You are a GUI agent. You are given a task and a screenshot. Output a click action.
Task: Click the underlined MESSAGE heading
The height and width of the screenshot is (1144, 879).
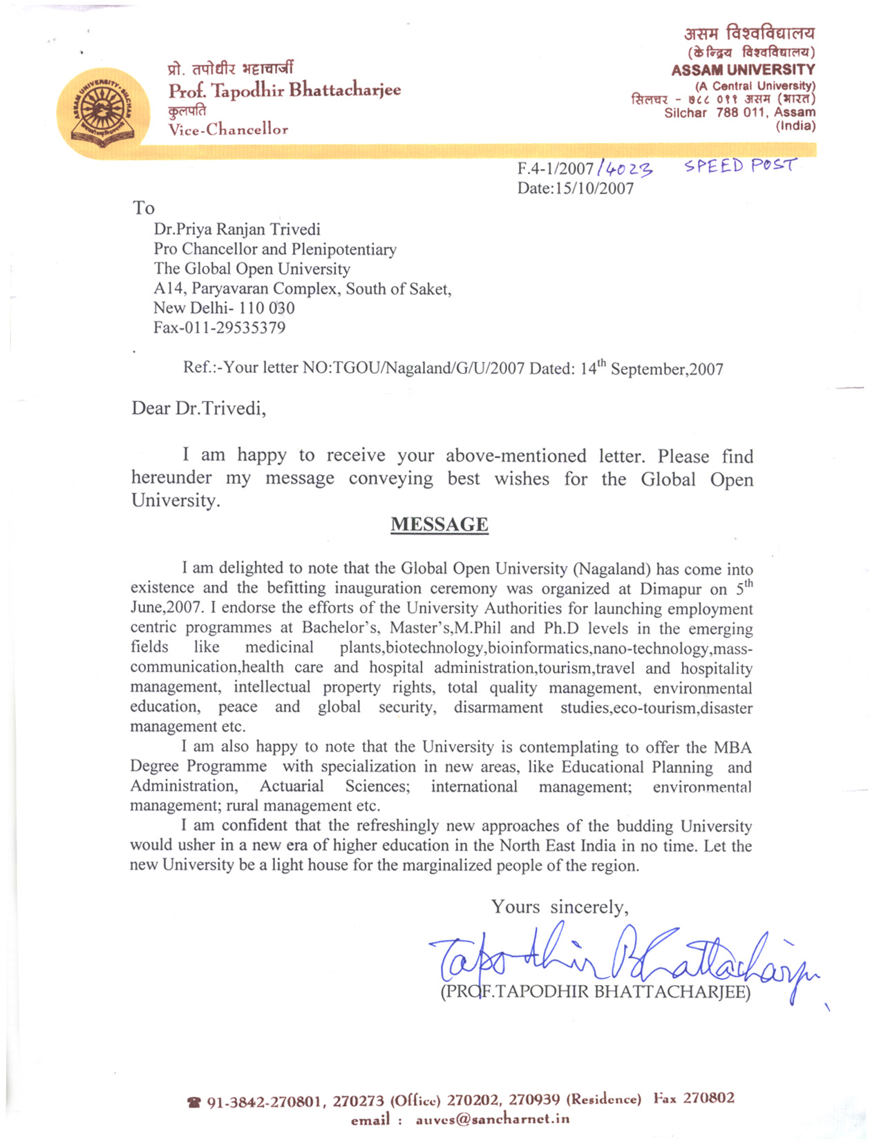439,525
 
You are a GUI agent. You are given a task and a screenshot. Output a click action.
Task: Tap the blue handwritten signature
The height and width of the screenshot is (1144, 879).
622,960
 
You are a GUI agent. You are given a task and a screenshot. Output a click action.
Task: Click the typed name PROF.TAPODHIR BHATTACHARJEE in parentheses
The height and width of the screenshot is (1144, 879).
595,992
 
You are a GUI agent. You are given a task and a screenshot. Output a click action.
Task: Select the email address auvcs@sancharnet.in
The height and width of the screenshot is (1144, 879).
492,1120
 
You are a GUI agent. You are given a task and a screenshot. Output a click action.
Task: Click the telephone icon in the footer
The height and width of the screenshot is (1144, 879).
193,1103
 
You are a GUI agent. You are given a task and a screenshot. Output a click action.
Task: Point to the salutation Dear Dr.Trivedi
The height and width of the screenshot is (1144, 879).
198,408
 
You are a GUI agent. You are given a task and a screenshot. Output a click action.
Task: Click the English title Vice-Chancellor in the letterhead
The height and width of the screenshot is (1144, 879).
228,129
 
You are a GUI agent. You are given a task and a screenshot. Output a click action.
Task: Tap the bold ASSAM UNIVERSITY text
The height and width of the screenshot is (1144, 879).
743,70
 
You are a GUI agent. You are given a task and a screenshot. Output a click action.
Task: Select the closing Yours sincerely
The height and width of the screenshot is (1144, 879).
560,907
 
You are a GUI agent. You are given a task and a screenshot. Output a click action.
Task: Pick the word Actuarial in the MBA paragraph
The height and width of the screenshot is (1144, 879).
291,786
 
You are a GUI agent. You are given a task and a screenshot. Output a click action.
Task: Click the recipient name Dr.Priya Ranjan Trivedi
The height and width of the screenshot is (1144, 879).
237,229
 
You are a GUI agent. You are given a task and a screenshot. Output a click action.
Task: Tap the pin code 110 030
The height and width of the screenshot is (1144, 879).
267,308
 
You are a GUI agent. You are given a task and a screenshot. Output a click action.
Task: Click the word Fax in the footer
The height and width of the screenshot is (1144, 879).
665,1099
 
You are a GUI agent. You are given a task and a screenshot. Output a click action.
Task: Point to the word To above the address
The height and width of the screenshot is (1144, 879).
144,208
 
